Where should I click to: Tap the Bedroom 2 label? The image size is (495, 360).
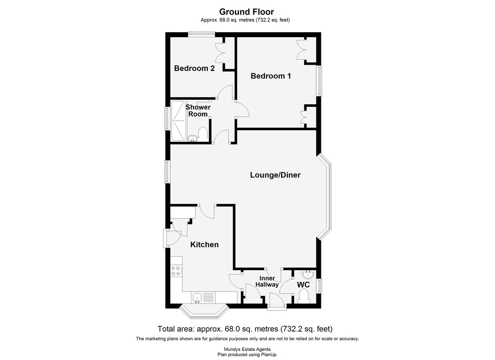[194, 68]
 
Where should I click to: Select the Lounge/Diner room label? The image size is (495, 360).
[275, 175]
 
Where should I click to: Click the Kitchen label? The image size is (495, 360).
[204, 245]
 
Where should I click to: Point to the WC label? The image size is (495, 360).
[303, 285]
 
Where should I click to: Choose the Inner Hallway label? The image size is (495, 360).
[267, 282]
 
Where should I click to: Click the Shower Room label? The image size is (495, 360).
[198, 111]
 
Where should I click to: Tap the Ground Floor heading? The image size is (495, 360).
[246, 12]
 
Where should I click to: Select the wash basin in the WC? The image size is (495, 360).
[308, 274]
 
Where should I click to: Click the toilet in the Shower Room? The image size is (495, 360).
[202, 134]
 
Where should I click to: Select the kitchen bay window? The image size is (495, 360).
[205, 313]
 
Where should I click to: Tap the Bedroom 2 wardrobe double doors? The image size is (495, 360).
[219, 53]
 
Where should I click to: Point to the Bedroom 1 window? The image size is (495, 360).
[319, 81]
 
